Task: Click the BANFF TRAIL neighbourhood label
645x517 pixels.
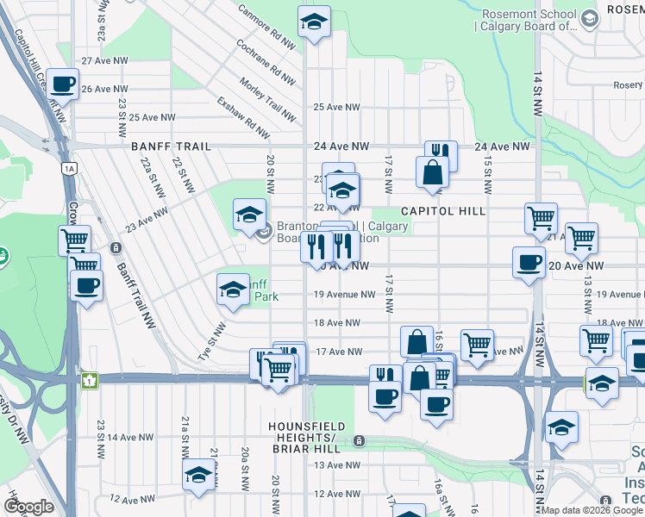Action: pos(171,146)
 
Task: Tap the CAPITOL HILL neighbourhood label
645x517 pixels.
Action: pos(443,211)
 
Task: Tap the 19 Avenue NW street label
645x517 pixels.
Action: pos(344,295)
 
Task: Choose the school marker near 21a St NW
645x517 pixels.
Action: pos(198,474)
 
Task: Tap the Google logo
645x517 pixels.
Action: pos(28,507)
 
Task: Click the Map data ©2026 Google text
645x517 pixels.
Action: pos(591,510)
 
